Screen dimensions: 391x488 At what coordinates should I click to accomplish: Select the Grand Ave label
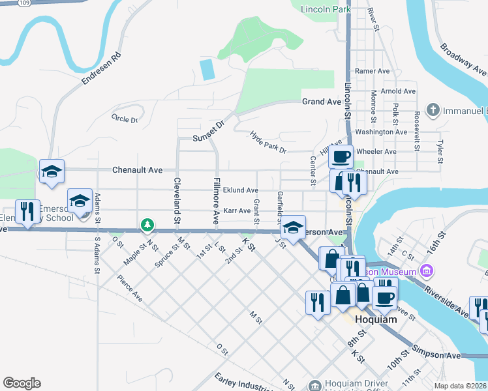coord(322,102)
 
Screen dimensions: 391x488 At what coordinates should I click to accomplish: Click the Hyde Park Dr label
coord(268,142)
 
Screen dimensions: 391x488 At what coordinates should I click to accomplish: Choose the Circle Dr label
coord(125,119)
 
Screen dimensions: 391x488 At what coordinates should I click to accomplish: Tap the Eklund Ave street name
coord(240,190)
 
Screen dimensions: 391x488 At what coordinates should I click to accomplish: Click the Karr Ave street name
coord(237,211)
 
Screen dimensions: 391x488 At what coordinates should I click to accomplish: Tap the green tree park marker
coord(148,225)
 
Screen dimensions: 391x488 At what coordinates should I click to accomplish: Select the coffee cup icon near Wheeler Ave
coord(341,157)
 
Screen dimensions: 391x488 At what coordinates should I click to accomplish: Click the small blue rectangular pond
coord(207,70)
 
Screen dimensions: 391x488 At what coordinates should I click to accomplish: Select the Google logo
coord(22,383)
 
